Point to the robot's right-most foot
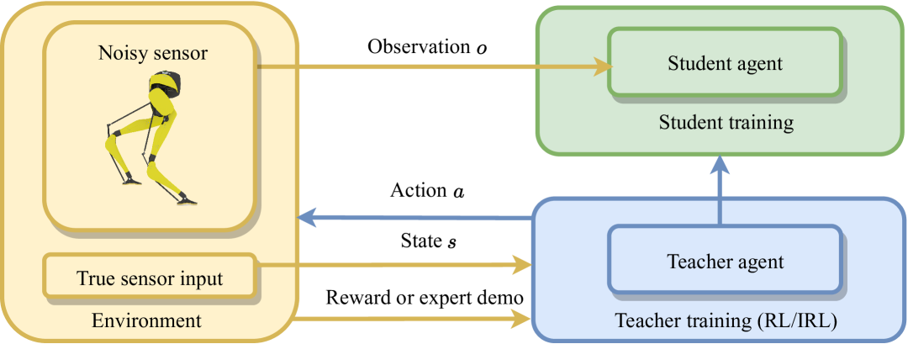coord(187,201)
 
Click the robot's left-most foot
coord(128,178)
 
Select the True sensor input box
coord(150,277)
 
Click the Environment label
coord(146,320)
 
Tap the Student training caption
coord(726,123)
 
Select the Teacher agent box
coord(725,262)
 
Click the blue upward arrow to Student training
coord(720,189)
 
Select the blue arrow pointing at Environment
coord(412,218)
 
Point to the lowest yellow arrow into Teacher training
coord(412,318)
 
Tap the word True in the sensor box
coord(97,278)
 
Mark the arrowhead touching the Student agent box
coord(603,66)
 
